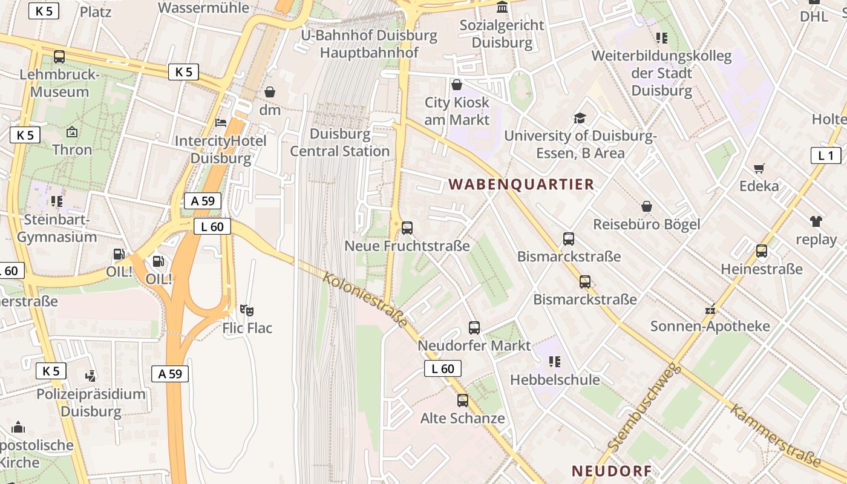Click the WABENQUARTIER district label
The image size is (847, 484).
(521, 185)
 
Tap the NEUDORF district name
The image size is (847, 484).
(612, 471)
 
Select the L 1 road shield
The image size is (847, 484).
(826, 155)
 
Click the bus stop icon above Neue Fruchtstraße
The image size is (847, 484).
(407, 228)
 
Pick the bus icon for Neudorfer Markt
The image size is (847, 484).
(474, 328)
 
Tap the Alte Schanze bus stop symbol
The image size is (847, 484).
(463, 400)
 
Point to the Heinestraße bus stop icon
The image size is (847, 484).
(762, 250)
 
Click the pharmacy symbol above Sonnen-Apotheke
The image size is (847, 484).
(710, 309)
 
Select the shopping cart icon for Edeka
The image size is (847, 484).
(759, 168)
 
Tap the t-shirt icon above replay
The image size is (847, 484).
(816, 221)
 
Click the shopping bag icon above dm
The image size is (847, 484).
(270, 92)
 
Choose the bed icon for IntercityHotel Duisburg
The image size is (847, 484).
(221, 123)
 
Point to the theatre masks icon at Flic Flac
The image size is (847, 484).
(247, 310)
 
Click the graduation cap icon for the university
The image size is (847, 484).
(580, 118)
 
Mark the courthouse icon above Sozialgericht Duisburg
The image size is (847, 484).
(502, 7)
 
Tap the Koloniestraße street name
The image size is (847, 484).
(365, 300)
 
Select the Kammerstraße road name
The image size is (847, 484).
(775, 436)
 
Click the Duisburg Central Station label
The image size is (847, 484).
(340, 142)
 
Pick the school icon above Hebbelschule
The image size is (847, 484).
(554, 362)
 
